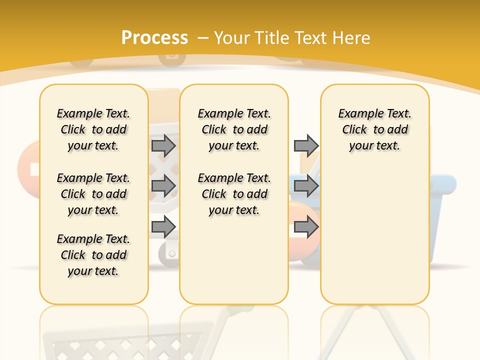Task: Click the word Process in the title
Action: click(x=154, y=38)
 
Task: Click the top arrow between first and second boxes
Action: click(x=163, y=145)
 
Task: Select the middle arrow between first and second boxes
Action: click(x=163, y=186)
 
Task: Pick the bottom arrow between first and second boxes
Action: click(x=163, y=227)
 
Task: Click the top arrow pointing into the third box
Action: click(x=306, y=145)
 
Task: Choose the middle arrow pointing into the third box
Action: click(x=306, y=186)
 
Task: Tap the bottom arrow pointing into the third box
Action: click(x=306, y=227)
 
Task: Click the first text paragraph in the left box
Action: click(x=93, y=129)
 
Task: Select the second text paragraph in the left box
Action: click(x=93, y=194)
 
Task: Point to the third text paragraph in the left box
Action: click(x=93, y=255)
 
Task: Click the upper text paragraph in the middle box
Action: click(x=234, y=129)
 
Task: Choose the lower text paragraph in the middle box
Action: click(x=234, y=194)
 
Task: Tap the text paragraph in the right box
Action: click(x=375, y=129)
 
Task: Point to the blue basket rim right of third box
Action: click(x=443, y=184)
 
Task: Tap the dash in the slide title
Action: click(x=203, y=38)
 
